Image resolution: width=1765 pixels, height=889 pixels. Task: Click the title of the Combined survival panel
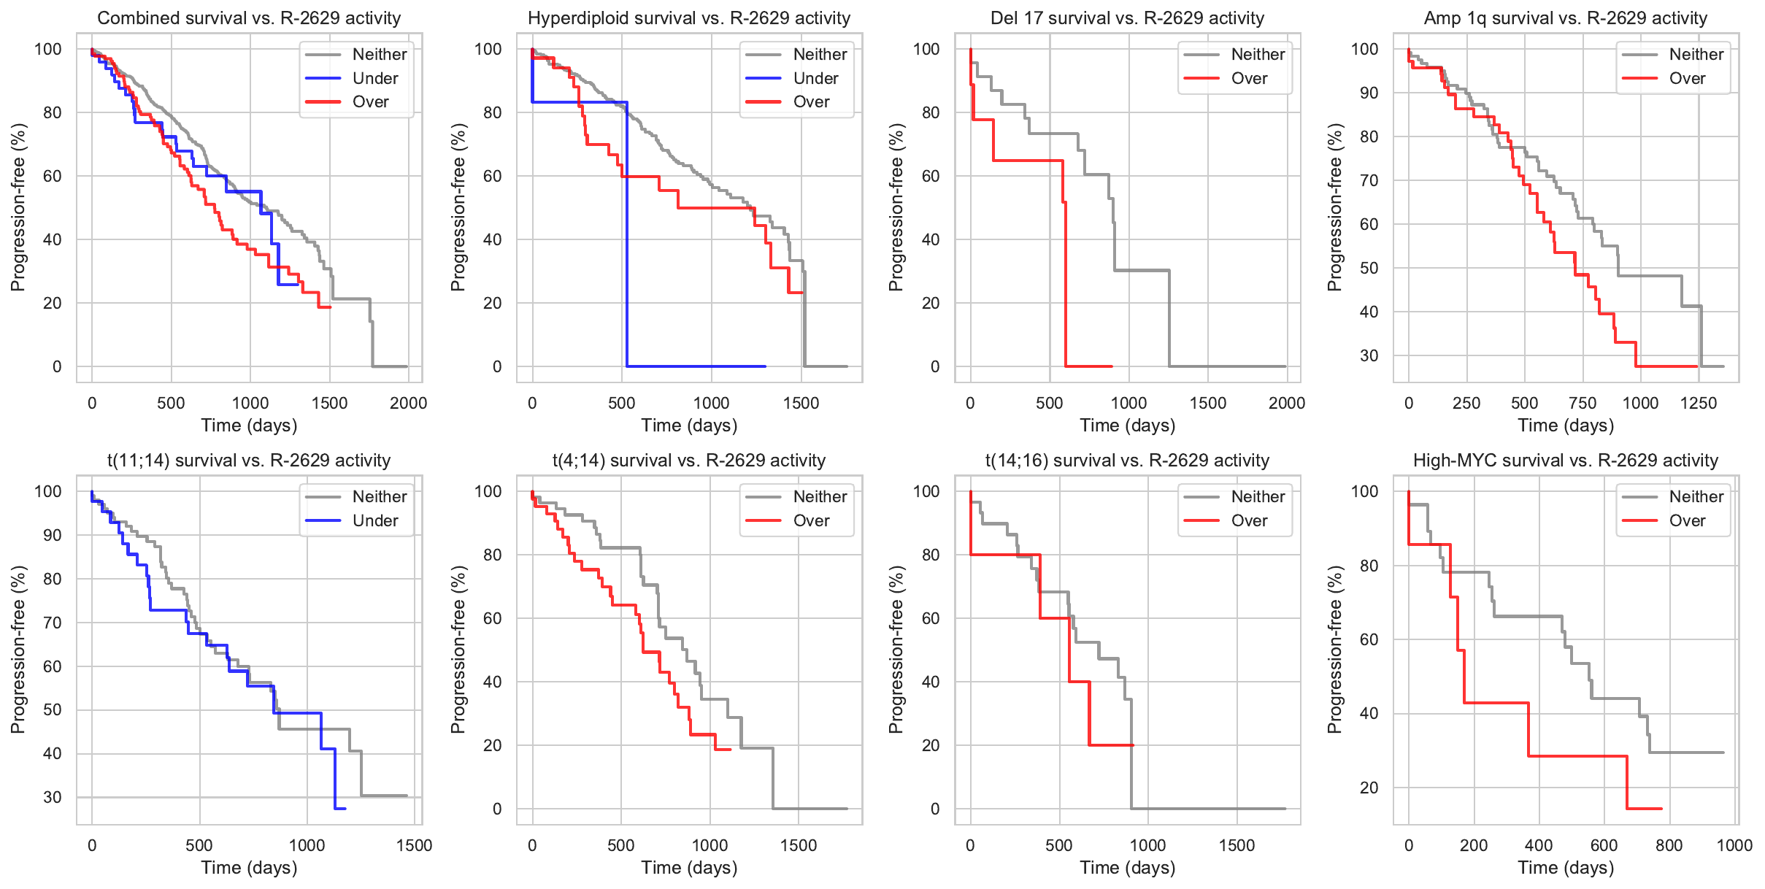click(x=249, y=18)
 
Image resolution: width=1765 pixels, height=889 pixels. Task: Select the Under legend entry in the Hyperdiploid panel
click(x=815, y=78)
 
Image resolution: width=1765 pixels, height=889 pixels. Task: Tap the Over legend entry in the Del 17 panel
click(x=1249, y=78)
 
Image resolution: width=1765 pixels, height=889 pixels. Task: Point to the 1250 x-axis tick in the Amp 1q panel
click(x=1699, y=403)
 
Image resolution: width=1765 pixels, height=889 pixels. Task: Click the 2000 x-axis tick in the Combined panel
click(x=408, y=403)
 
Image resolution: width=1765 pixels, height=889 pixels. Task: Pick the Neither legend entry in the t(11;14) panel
click(x=380, y=497)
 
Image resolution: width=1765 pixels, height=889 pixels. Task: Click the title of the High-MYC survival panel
click(x=1566, y=461)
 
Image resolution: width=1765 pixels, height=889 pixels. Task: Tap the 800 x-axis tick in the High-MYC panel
click(x=1669, y=845)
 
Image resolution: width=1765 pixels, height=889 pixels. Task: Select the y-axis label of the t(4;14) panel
click(x=458, y=650)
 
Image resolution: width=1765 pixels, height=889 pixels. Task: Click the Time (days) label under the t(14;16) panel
click(x=1128, y=868)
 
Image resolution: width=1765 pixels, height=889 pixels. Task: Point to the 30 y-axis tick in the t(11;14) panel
click(x=53, y=797)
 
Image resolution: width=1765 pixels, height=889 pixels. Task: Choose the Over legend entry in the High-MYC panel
click(x=1687, y=520)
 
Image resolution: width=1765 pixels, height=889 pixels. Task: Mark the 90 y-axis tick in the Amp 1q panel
click(x=1369, y=93)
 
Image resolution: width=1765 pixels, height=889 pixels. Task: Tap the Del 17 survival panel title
click(x=1128, y=18)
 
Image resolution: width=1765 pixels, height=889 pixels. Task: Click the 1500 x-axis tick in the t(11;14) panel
click(x=415, y=845)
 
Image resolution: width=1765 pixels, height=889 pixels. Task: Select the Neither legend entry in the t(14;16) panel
click(x=1258, y=497)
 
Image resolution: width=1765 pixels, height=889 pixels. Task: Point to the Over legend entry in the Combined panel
click(x=371, y=102)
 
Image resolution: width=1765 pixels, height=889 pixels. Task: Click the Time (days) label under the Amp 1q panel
click(x=1566, y=426)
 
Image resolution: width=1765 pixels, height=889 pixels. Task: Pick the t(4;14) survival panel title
click(x=689, y=461)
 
